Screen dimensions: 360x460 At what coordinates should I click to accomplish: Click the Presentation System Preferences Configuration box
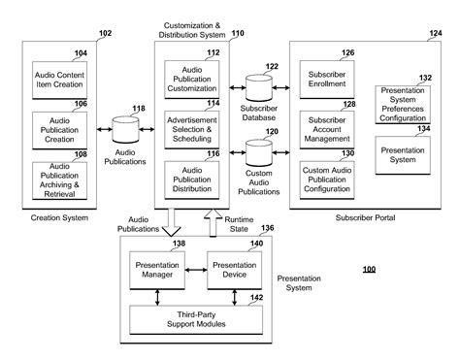[403, 103]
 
